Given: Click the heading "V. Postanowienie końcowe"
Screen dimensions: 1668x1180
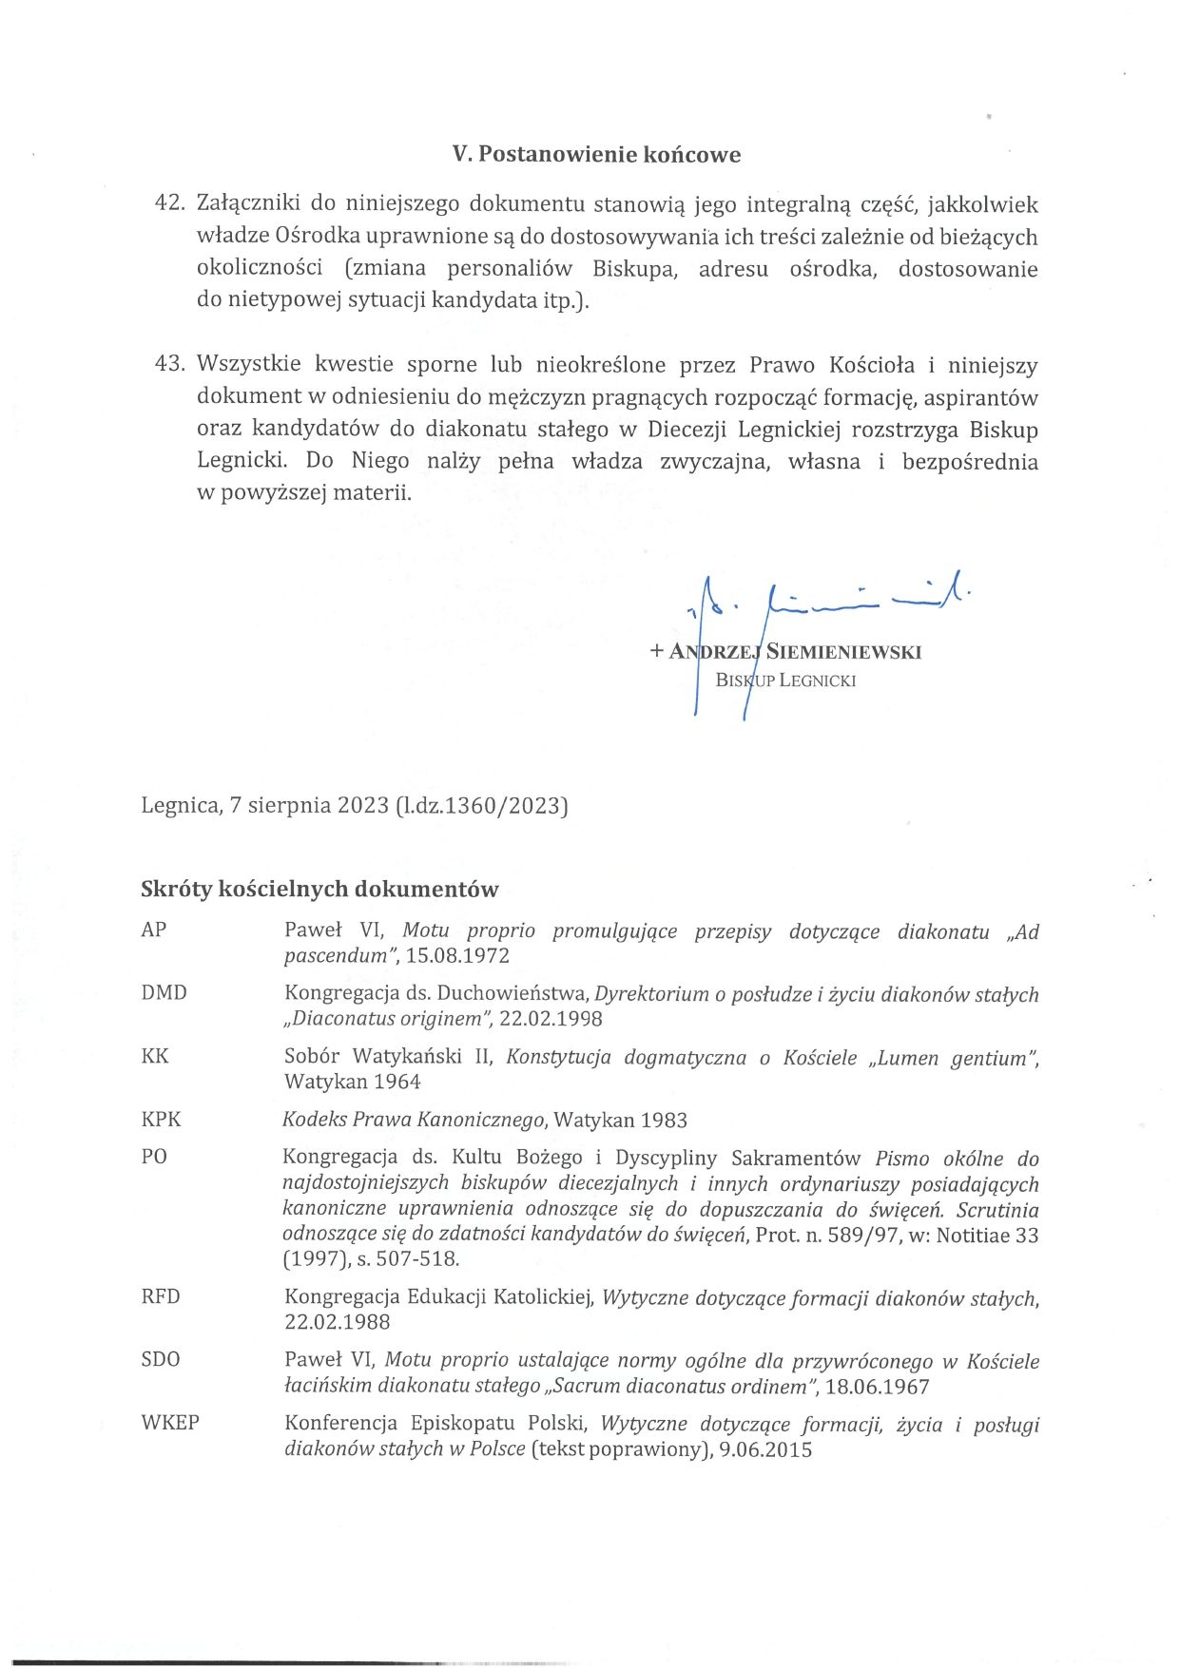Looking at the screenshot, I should click(x=596, y=155).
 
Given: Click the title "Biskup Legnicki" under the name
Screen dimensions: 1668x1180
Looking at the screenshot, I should click(x=785, y=681).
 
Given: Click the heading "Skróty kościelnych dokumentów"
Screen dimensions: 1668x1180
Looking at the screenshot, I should click(x=319, y=890).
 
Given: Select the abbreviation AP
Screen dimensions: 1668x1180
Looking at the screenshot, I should click(x=154, y=930).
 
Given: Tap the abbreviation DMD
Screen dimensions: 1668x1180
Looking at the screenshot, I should click(x=164, y=993).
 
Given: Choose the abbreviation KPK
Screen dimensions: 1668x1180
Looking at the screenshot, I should click(x=161, y=1120).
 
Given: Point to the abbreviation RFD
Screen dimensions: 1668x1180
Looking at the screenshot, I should click(x=161, y=1297).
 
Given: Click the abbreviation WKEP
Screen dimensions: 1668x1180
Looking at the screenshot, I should click(x=170, y=1424).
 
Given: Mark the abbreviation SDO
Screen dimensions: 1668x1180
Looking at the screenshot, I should click(x=160, y=1360).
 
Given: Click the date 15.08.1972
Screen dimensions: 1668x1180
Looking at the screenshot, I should click(x=457, y=956).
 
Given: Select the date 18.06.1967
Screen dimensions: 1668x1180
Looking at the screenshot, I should click(x=877, y=1387).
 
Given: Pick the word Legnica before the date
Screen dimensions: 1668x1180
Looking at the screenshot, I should click(x=179, y=806).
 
